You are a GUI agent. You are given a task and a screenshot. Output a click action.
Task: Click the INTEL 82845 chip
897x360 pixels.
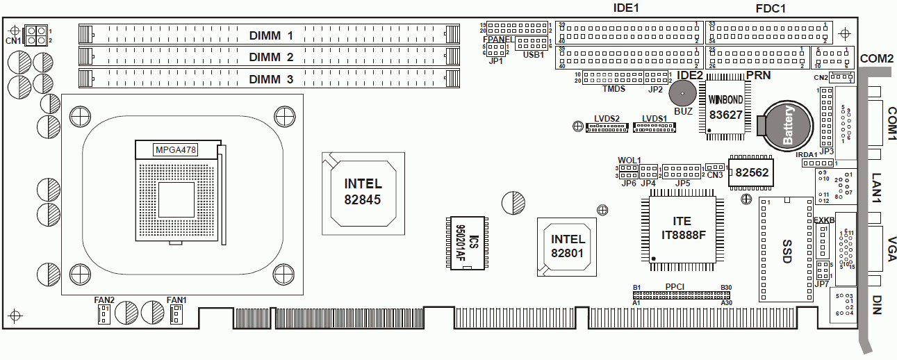(x=363, y=192)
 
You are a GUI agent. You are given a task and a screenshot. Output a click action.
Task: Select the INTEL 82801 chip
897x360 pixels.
(x=567, y=246)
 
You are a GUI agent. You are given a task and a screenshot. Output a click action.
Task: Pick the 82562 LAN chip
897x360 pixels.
(x=752, y=172)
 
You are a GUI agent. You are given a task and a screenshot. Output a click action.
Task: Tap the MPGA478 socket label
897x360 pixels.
(x=176, y=149)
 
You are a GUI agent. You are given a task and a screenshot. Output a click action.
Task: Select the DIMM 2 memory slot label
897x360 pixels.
(x=271, y=57)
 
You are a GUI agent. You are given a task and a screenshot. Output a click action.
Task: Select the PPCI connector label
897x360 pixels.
(x=675, y=286)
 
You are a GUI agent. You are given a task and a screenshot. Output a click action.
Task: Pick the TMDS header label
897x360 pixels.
(x=614, y=89)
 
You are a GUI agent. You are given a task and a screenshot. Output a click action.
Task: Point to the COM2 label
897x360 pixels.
(x=876, y=59)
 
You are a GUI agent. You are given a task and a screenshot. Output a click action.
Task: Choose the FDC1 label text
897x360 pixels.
(x=770, y=8)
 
